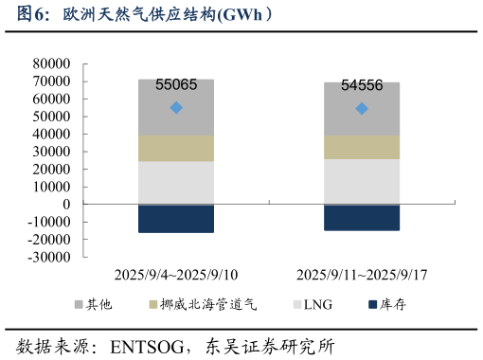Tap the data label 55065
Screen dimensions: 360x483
click(x=176, y=84)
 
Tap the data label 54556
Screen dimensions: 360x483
click(x=362, y=85)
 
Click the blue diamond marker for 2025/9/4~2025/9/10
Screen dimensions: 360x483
click(x=176, y=107)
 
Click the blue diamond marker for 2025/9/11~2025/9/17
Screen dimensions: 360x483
click(x=362, y=108)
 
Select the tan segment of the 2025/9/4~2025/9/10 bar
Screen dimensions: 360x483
click(x=176, y=148)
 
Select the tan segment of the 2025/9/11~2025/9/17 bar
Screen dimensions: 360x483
click(x=362, y=147)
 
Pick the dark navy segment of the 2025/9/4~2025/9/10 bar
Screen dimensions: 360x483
click(x=176, y=218)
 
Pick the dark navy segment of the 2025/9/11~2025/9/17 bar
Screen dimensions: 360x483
click(x=362, y=217)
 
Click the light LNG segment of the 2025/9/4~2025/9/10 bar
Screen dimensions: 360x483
click(x=176, y=183)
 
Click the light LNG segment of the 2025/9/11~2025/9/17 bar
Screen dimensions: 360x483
click(x=362, y=181)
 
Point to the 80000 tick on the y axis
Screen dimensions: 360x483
click(x=52, y=63)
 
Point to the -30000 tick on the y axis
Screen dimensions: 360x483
click(x=49, y=257)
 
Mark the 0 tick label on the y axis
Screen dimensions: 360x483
click(x=66, y=204)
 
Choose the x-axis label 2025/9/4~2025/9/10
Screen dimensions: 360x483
click(x=176, y=275)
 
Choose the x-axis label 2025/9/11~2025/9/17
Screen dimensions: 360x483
click(x=362, y=275)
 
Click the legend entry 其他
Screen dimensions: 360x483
click(x=99, y=305)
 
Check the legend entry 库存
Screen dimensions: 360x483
click(x=393, y=305)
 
